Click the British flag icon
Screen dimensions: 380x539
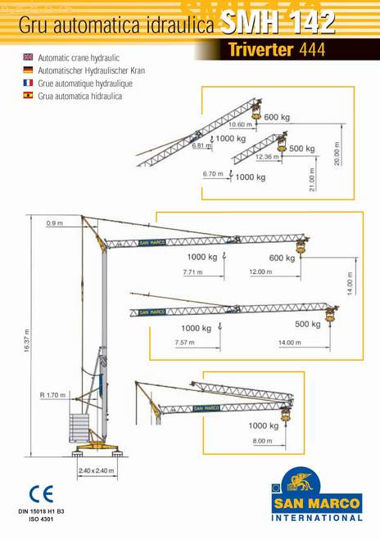click(x=28, y=57)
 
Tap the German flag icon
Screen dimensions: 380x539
click(x=28, y=70)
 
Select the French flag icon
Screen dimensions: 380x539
click(x=28, y=83)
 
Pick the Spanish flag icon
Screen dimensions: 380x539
click(x=28, y=95)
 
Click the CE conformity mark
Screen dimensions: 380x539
click(x=41, y=494)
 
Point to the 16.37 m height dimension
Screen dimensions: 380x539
click(x=27, y=340)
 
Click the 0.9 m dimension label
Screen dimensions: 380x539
click(x=55, y=223)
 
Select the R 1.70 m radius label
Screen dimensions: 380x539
click(x=52, y=395)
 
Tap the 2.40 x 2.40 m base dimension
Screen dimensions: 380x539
click(x=97, y=470)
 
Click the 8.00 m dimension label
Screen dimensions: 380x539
click(x=262, y=441)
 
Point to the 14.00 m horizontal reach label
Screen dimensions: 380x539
click(x=289, y=343)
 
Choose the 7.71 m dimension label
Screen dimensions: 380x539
click(x=192, y=272)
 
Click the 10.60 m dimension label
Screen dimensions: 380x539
click(x=240, y=124)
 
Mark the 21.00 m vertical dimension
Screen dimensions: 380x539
click(x=312, y=179)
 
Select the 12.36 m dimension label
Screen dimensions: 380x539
click(x=267, y=157)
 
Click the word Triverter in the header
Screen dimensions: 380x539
click(x=260, y=50)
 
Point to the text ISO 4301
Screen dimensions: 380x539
click(x=41, y=519)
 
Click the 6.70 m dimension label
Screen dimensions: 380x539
click(x=213, y=174)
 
